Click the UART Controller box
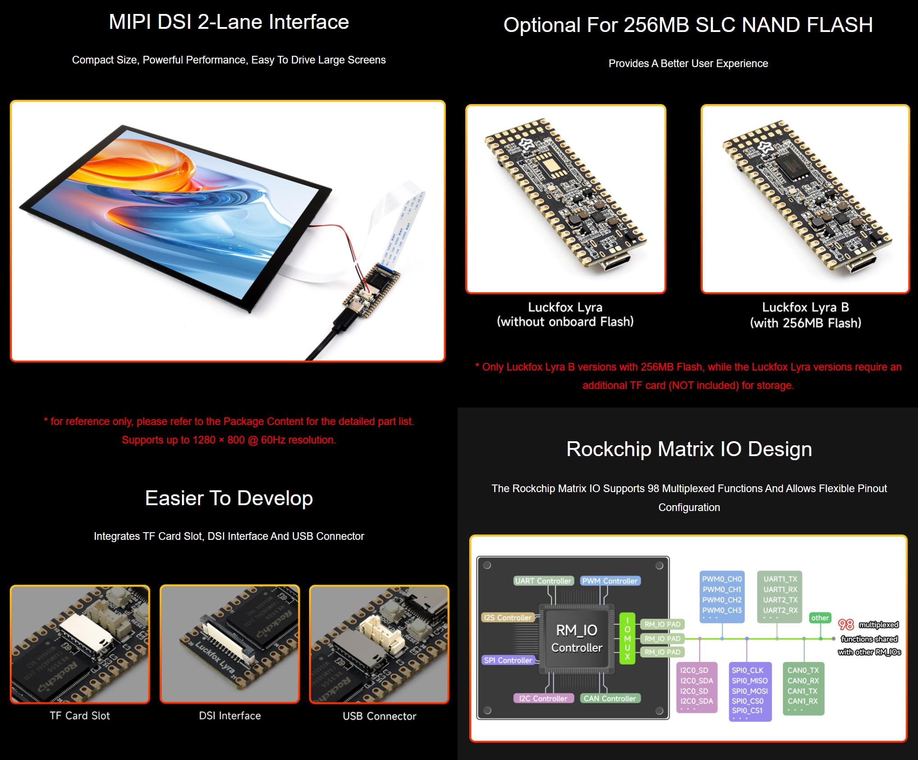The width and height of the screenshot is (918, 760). [x=543, y=581]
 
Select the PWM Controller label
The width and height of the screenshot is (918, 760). [x=610, y=581]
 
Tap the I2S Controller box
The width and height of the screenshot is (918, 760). [x=508, y=618]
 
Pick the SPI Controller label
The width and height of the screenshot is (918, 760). [x=508, y=660]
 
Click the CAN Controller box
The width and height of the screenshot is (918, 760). [x=610, y=698]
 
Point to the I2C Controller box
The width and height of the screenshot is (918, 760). [x=543, y=698]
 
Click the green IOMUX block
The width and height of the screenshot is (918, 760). [x=627, y=638]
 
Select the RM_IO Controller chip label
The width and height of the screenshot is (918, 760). [x=577, y=638]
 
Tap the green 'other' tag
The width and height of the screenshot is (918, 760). [x=820, y=618]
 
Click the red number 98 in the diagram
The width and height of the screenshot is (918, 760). [x=846, y=624]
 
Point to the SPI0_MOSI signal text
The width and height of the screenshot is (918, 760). [x=750, y=691]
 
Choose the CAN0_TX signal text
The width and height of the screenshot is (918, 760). [x=803, y=670]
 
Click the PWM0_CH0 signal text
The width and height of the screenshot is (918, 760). [x=722, y=579]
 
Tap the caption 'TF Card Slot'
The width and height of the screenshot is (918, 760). [x=80, y=715]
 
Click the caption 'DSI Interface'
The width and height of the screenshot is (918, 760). [x=230, y=715]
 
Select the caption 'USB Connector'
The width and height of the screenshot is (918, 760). [x=379, y=716]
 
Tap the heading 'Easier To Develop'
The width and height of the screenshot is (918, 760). [x=229, y=498]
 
